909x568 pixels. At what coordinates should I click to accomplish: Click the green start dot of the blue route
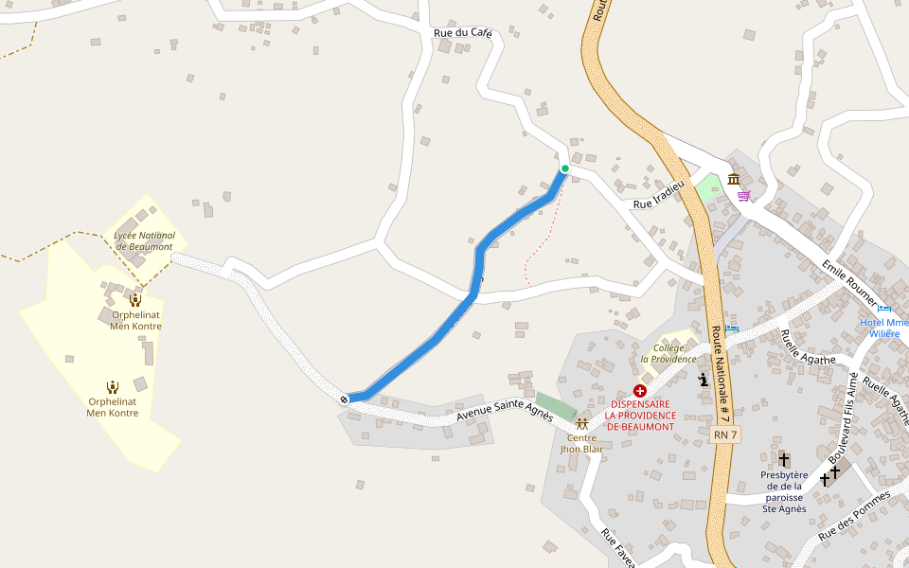click(565, 169)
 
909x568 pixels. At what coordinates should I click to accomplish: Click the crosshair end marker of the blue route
click(345, 399)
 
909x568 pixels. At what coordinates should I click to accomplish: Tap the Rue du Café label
click(463, 33)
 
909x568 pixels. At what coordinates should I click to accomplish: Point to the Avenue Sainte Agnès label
click(504, 409)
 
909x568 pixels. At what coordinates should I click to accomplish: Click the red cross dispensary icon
click(640, 390)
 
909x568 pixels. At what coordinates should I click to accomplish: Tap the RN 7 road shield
click(725, 434)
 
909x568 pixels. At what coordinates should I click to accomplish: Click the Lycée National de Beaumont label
click(144, 240)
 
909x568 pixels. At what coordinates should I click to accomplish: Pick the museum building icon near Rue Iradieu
click(735, 180)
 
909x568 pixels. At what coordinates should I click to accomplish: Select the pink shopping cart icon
click(744, 196)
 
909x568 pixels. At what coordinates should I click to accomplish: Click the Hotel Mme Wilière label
click(884, 328)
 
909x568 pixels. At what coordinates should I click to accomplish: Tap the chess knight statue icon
click(703, 381)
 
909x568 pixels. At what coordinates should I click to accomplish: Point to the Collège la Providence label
click(668, 353)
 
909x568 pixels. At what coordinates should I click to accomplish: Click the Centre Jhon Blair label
click(581, 442)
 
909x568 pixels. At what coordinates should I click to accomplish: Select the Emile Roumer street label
click(849, 282)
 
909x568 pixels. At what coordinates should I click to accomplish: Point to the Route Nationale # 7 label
click(721, 374)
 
